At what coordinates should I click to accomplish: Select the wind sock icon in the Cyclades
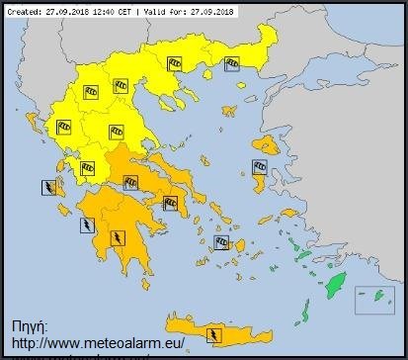220,240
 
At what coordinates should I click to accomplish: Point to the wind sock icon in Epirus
63,126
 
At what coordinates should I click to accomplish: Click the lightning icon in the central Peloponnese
118,237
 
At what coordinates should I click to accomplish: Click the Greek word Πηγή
31,324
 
